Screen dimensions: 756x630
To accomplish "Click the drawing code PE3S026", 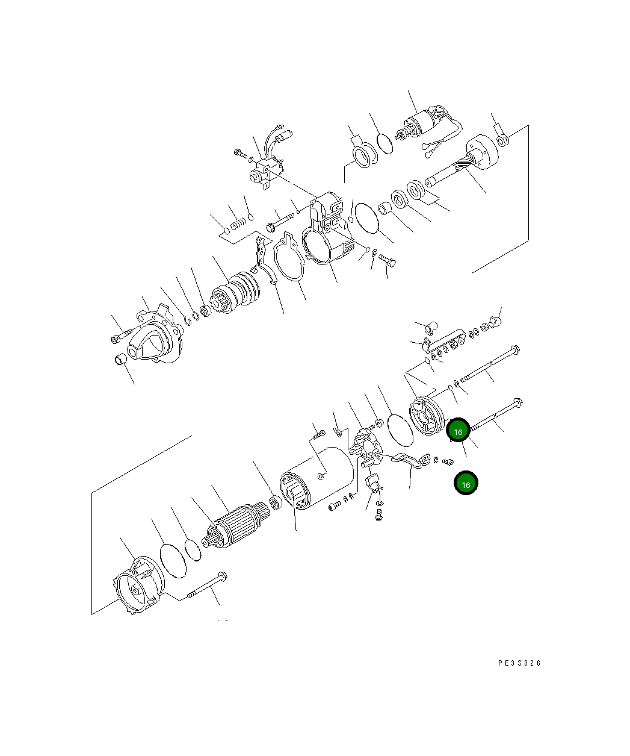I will pos(519,663).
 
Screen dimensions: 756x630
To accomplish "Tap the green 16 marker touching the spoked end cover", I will pos(458,431).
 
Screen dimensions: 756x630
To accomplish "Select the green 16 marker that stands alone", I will pos(466,483).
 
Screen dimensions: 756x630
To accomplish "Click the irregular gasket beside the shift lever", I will pos(289,261).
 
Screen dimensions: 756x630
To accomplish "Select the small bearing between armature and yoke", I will pos(276,502).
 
